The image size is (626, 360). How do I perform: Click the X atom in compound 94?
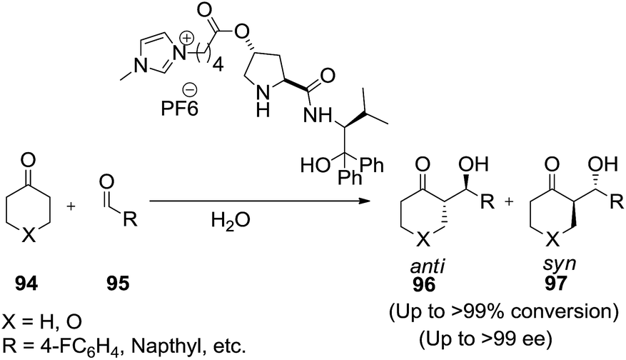tap(26, 240)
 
